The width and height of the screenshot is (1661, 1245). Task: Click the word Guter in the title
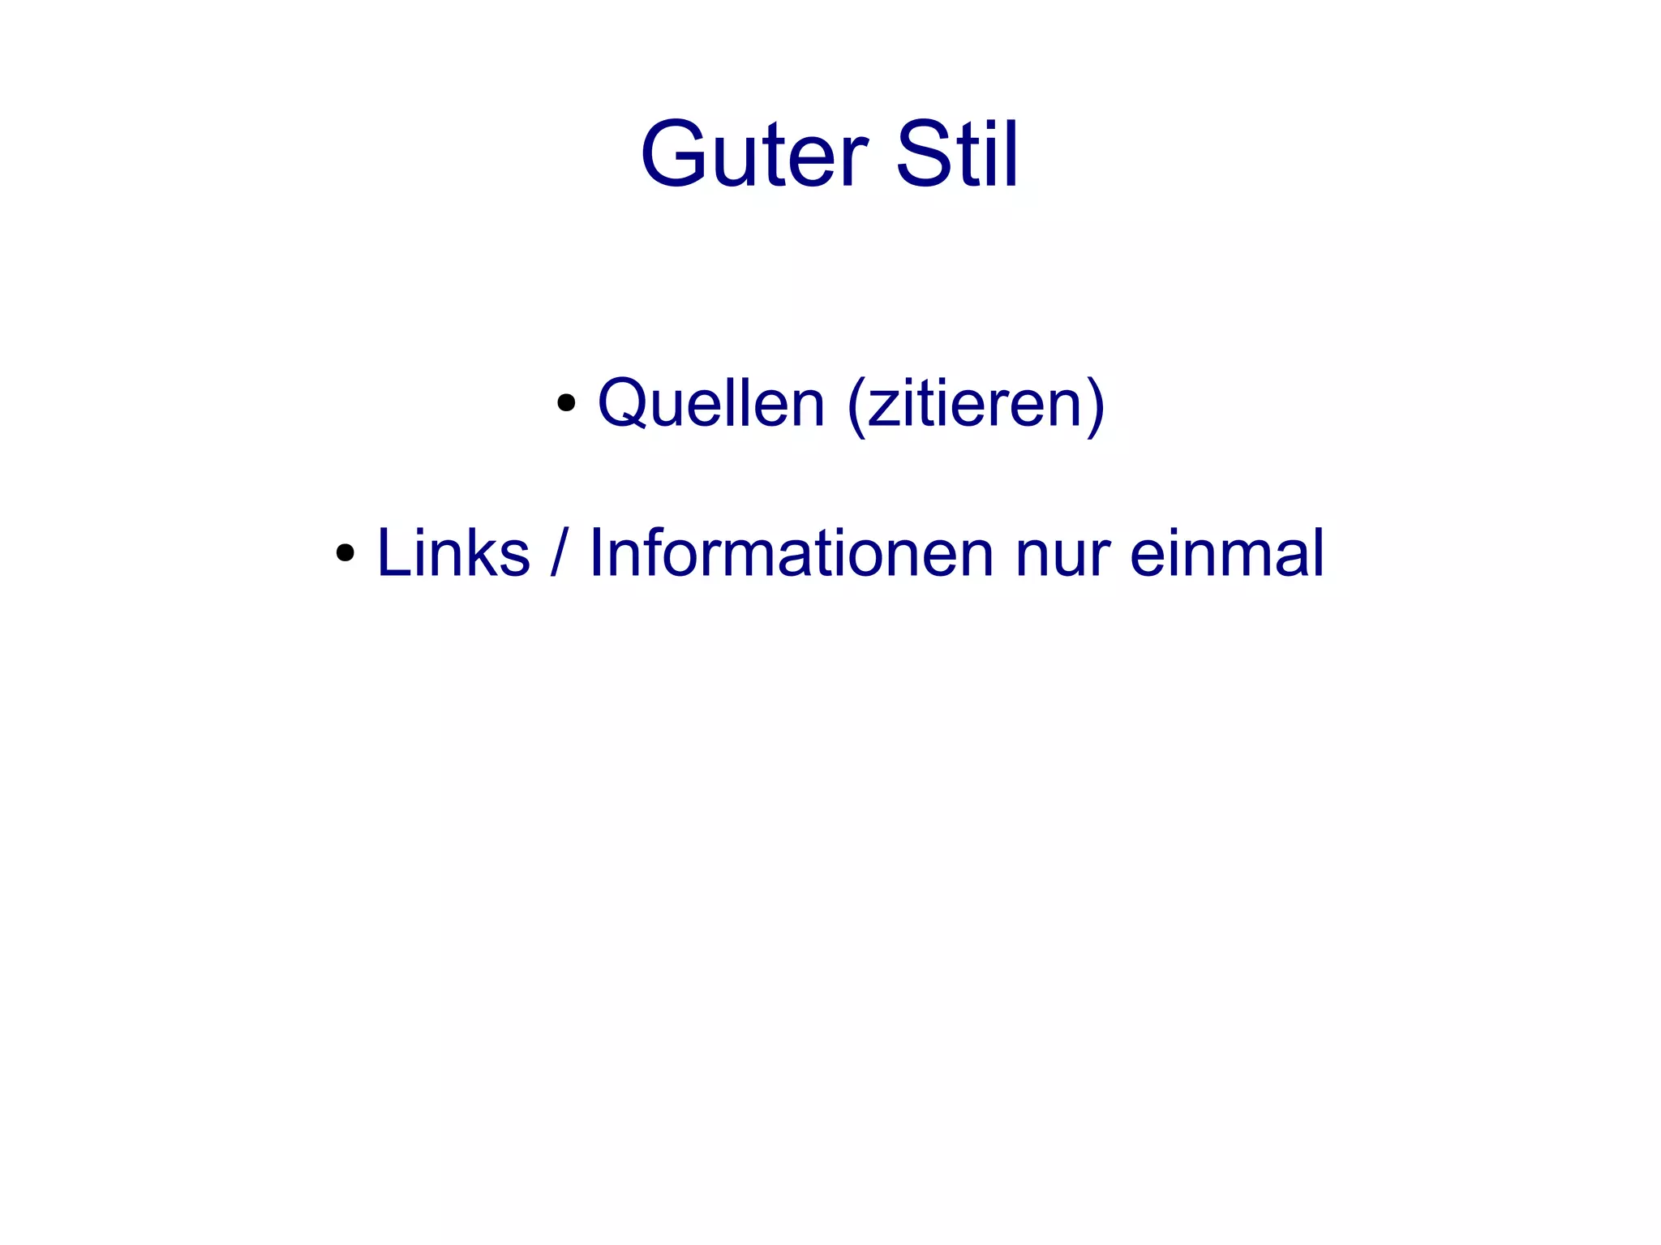point(754,154)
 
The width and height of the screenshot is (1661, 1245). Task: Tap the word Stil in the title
point(956,154)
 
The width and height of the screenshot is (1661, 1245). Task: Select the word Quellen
point(710,403)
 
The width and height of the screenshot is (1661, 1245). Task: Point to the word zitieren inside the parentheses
point(976,403)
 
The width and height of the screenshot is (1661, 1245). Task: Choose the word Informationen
point(791,553)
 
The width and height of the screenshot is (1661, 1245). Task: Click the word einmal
point(1227,553)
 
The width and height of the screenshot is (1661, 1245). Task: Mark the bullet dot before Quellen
point(566,403)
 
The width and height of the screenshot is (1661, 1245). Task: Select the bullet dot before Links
point(346,553)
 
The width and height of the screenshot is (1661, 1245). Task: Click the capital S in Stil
point(924,154)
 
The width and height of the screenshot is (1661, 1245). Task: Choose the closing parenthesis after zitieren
point(1096,405)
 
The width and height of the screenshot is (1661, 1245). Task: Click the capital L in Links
point(393,553)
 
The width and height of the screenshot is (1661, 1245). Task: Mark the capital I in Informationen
point(595,553)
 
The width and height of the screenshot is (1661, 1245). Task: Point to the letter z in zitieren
point(881,408)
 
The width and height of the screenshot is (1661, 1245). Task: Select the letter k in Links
point(479,553)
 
